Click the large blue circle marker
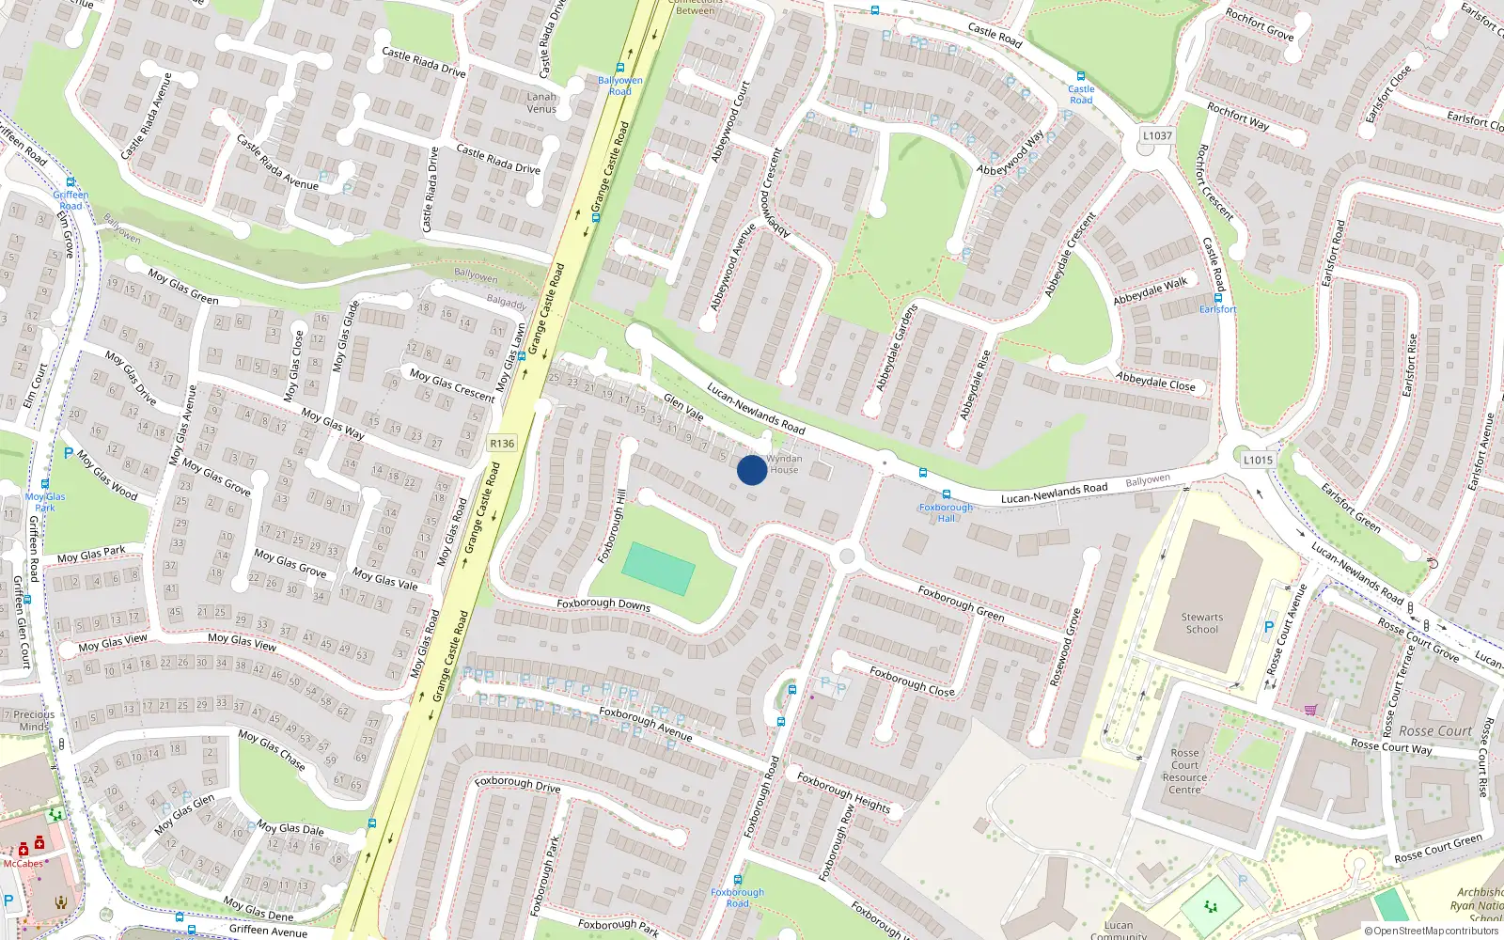pyautogui.click(x=751, y=470)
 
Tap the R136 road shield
pyautogui.click(x=502, y=444)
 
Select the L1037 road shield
pyautogui.click(x=1157, y=135)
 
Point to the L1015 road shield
pyautogui.click(x=1258, y=460)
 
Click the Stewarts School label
pyautogui.click(x=1202, y=623)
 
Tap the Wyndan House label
pyautogui.click(x=784, y=464)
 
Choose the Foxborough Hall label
pyautogui.click(x=946, y=512)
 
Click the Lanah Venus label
pyautogui.click(x=541, y=102)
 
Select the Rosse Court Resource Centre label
pyautogui.click(x=1184, y=771)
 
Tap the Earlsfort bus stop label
pyautogui.click(x=1217, y=308)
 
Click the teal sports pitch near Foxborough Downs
pyautogui.click(x=658, y=568)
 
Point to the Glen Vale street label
pyautogui.click(x=683, y=406)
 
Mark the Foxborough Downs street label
pyautogui.click(x=603, y=604)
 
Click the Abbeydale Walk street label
pyautogui.click(x=1151, y=290)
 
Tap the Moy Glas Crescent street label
pyautogui.click(x=452, y=384)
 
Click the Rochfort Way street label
pyautogui.click(x=1238, y=116)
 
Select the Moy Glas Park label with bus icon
pyautogui.click(x=45, y=502)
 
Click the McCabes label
pyautogui.click(x=23, y=863)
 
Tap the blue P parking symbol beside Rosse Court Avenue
pyautogui.click(x=1269, y=627)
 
